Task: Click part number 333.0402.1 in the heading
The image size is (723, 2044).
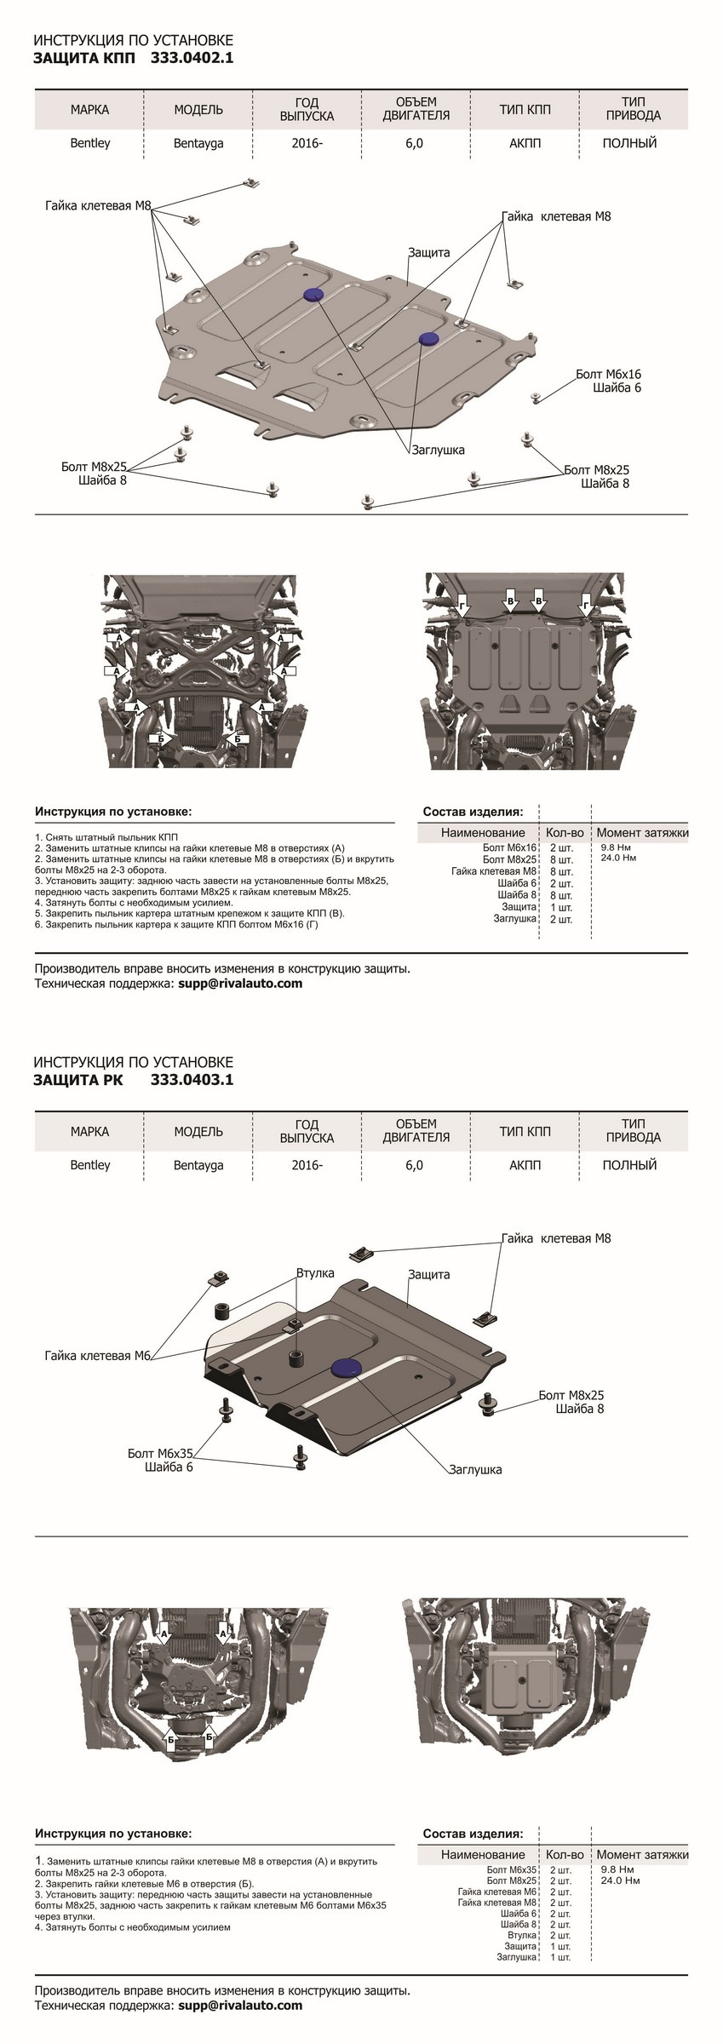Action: coord(192,58)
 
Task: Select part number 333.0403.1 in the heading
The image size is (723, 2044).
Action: coord(192,1080)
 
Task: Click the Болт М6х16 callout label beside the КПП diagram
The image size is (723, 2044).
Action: coord(608,374)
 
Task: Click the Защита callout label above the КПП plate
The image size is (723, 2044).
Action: coord(428,252)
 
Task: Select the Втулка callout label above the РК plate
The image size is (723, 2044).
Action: coord(314,1274)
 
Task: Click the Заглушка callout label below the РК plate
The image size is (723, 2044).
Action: coord(475,1469)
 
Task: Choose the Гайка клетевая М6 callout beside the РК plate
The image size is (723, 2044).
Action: coord(98,1355)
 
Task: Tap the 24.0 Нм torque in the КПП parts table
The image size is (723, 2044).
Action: coord(618,858)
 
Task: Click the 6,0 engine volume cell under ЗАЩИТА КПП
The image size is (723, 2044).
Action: coord(415,143)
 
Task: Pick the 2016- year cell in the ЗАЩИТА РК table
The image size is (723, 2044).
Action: coord(307,1164)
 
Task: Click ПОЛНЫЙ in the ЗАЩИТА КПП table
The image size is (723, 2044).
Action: coord(629,143)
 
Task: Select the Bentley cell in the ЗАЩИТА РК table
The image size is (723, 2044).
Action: coord(90,1164)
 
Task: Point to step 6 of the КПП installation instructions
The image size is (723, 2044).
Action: coord(175,923)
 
